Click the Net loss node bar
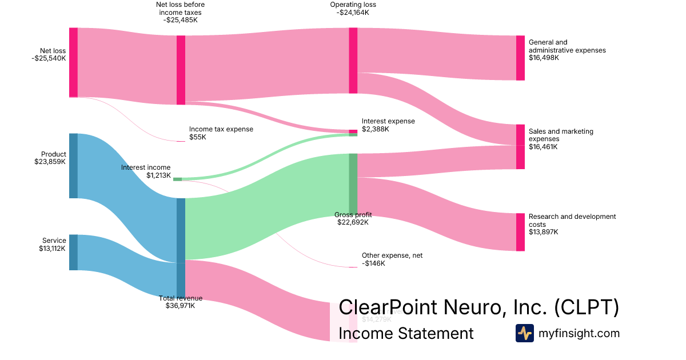click(x=73, y=62)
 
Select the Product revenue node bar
click(x=73, y=166)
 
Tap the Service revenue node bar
click(x=73, y=252)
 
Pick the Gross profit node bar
click(x=353, y=183)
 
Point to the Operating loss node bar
click(x=353, y=60)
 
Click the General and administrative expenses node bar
click(x=520, y=58)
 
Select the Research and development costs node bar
click(x=520, y=232)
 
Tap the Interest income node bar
click(x=177, y=179)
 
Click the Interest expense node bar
click(x=353, y=132)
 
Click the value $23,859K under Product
click(x=50, y=162)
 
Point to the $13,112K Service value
click(x=50, y=249)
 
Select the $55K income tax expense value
click(x=197, y=137)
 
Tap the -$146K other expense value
click(x=373, y=263)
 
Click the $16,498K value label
click(x=544, y=58)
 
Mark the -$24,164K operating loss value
click(x=353, y=12)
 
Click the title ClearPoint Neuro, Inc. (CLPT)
click(x=478, y=307)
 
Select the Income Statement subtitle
click(x=406, y=333)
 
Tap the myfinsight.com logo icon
click(x=524, y=333)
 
